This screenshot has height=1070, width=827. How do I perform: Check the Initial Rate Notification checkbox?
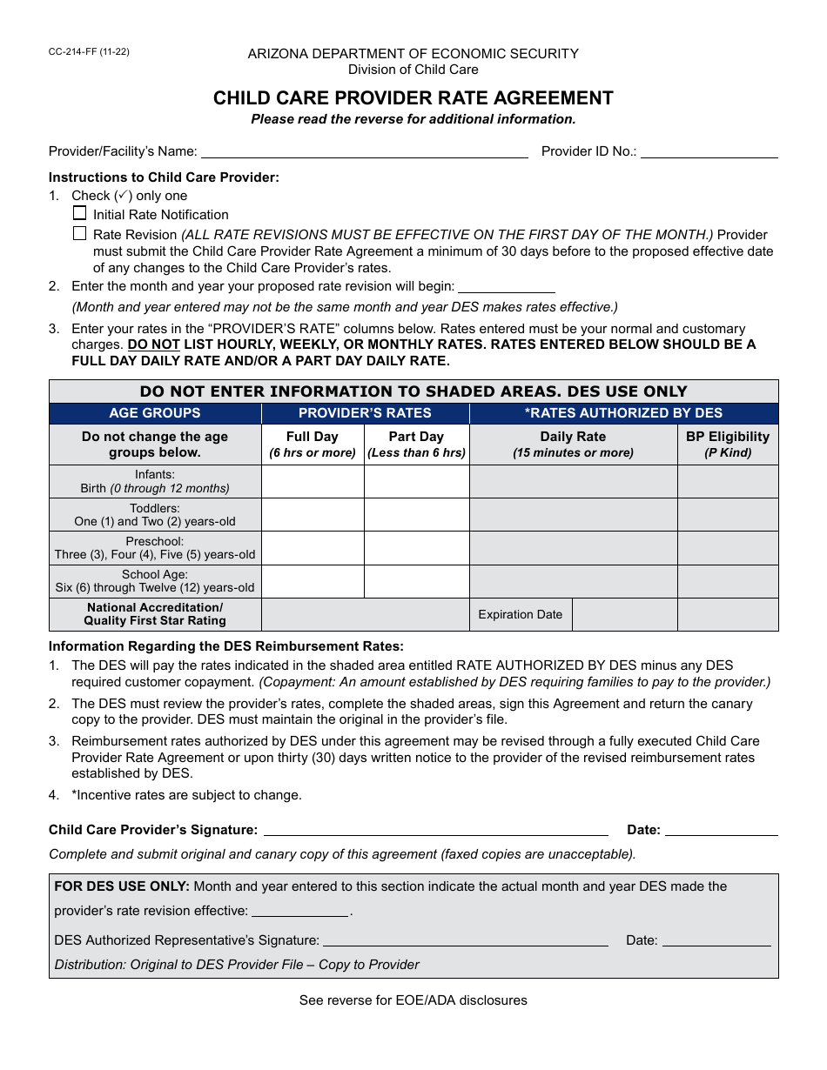pyautogui.click(x=80, y=213)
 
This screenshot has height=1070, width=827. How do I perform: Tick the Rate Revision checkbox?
pyautogui.click(x=80, y=233)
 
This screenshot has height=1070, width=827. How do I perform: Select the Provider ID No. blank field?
pyautogui.click(x=709, y=151)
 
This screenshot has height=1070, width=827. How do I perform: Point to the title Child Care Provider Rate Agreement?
pyautogui.click(x=413, y=98)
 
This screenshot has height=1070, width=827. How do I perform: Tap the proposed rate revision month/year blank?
pyautogui.click(x=506, y=286)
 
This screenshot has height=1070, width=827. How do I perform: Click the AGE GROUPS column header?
pyautogui.click(x=155, y=413)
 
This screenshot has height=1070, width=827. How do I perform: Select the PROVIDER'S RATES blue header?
pyautogui.click(x=365, y=413)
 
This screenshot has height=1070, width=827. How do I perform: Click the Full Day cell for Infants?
pyautogui.click(x=313, y=481)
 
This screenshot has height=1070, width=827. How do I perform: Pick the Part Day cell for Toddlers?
pyautogui.click(x=416, y=514)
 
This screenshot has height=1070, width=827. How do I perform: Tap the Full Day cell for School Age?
pyautogui.click(x=313, y=581)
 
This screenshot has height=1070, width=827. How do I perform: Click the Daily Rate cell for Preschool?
pyautogui.click(x=573, y=548)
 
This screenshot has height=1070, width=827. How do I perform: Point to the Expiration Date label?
pyautogui.click(x=521, y=614)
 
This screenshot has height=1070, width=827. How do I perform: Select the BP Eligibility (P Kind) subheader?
pyautogui.click(x=728, y=444)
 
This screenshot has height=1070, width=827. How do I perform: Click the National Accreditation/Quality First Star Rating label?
pyautogui.click(x=155, y=614)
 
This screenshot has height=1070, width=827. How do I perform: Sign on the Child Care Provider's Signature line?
pyautogui.click(x=435, y=830)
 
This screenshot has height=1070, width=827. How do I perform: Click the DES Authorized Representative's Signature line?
pyautogui.click(x=465, y=940)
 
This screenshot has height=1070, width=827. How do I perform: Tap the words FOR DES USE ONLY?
pyautogui.click(x=122, y=886)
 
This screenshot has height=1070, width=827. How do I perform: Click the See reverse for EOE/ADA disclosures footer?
pyautogui.click(x=413, y=1000)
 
